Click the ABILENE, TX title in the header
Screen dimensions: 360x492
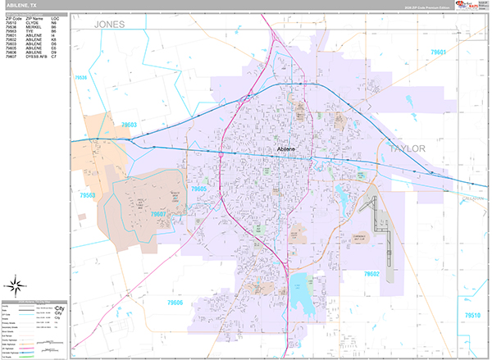[22, 5]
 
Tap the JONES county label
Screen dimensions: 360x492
[109, 25]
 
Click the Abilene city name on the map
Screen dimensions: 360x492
[286, 148]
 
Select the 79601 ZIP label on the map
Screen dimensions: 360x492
[439, 52]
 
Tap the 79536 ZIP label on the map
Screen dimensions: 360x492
[80, 79]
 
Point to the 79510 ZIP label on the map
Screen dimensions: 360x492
[473, 316]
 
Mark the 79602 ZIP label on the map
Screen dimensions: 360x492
[371, 274]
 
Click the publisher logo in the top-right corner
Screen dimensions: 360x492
[469, 7]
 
